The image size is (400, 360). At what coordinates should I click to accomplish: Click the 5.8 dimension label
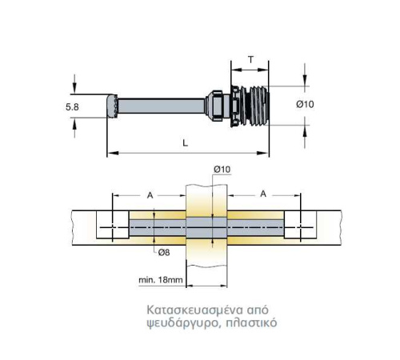(72, 107)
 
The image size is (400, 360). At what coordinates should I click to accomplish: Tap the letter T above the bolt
(250, 60)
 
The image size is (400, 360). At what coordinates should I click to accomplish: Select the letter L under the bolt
(186, 143)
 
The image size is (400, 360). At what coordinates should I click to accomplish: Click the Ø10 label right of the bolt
(305, 104)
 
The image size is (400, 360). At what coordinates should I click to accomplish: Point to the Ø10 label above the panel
(222, 169)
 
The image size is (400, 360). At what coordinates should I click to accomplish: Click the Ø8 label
(164, 252)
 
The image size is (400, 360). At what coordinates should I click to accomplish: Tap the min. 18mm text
(161, 280)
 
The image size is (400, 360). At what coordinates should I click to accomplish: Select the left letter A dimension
(150, 195)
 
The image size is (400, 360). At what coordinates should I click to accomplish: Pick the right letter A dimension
(263, 194)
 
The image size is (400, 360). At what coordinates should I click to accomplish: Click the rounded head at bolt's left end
(112, 106)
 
